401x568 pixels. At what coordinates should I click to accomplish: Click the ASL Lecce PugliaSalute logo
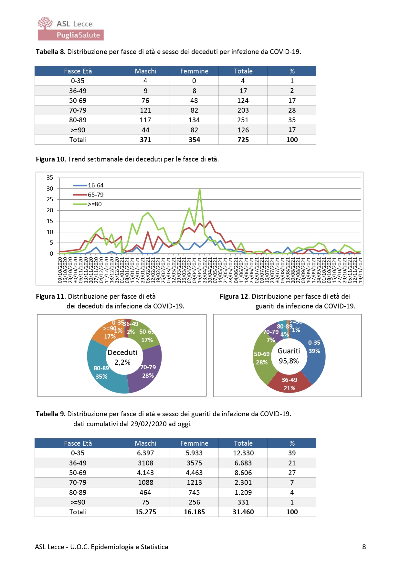70,29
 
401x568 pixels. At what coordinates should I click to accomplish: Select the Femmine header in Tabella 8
194,71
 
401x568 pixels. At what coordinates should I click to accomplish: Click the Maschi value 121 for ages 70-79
145,110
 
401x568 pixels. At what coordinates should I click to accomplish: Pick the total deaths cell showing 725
243,140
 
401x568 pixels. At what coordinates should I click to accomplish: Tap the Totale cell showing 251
243,120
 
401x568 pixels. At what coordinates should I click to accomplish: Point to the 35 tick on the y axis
50,178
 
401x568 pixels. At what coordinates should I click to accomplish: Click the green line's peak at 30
200,189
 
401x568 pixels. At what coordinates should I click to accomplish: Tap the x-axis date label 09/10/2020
60,270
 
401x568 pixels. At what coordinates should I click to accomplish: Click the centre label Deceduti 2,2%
122,357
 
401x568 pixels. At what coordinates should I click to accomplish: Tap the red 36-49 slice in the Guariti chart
289,383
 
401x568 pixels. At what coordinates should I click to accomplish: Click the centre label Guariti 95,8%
289,356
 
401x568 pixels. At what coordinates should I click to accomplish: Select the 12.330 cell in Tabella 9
243,453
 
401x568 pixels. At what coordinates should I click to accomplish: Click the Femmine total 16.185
194,512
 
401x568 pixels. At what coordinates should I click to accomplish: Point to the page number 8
364,547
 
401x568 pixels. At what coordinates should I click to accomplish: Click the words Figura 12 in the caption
234,296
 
